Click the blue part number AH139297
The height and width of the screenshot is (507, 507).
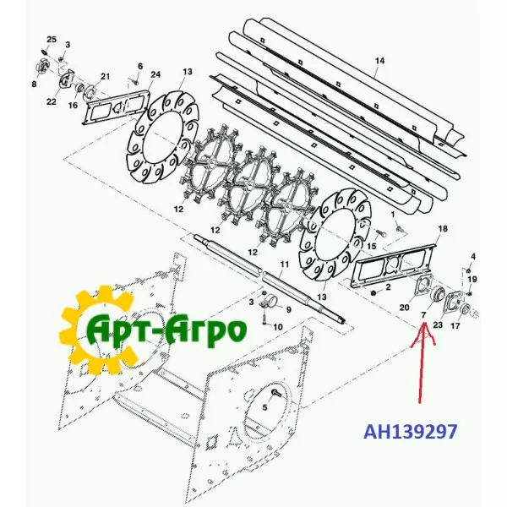[411, 432]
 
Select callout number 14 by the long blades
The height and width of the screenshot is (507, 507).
[380, 61]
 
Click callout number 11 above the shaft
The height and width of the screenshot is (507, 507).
[284, 264]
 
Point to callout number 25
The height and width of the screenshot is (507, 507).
[52, 40]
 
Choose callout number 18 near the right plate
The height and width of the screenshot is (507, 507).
[443, 229]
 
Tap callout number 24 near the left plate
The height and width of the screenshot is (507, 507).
[155, 74]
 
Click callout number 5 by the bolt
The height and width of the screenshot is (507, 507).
[264, 407]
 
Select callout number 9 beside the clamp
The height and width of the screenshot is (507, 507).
[288, 310]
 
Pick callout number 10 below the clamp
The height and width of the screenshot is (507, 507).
[278, 327]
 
